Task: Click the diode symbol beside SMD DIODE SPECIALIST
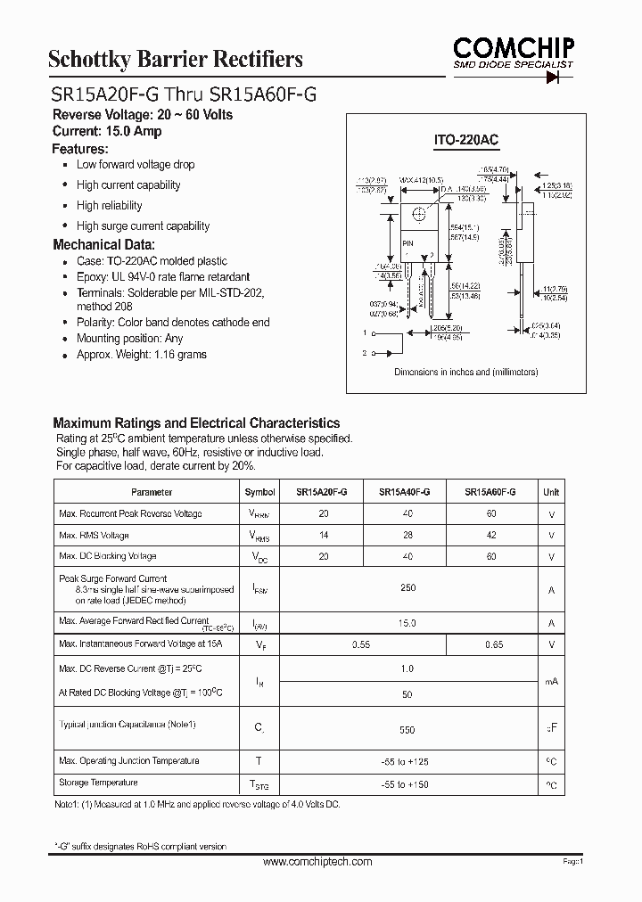(x=560, y=77)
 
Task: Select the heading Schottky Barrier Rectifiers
(x=175, y=60)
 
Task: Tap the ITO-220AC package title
(x=465, y=141)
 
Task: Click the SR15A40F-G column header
(x=405, y=491)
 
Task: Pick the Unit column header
(x=551, y=491)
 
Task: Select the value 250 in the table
(x=407, y=588)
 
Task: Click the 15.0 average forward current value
(x=407, y=623)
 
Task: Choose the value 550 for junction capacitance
(x=407, y=730)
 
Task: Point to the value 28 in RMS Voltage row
(x=407, y=535)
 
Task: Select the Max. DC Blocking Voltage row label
(x=107, y=556)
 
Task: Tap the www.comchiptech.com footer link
(x=318, y=862)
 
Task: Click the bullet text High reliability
(x=110, y=206)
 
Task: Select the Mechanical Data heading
(x=103, y=244)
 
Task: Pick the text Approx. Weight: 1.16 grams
(x=141, y=355)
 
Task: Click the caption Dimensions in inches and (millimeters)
(x=465, y=373)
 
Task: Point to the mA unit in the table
(x=551, y=681)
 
